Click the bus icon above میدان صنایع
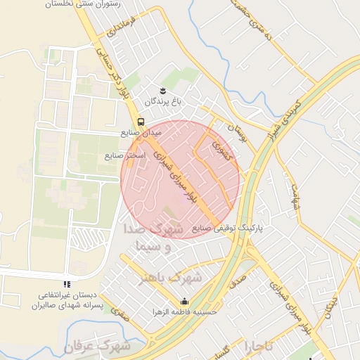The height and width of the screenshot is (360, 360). (x=141, y=121)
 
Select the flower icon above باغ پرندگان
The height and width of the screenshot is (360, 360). (x=163, y=91)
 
